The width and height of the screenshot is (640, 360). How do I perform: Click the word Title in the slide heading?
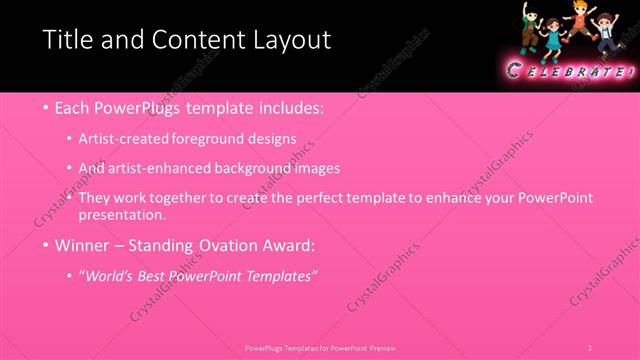67,41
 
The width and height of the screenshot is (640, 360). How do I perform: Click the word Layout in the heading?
290,41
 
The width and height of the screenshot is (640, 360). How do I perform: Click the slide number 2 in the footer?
590,347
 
